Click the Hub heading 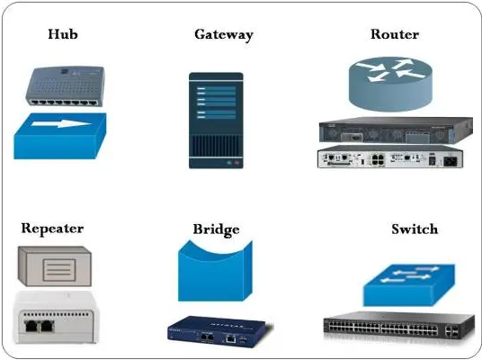click(63, 34)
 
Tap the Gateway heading click(224, 35)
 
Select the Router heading click(395, 34)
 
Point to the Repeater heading click(52, 229)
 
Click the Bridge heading click(216, 229)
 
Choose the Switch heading click(415, 229)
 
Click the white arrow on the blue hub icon click(61, 123)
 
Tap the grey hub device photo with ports click(65, 86)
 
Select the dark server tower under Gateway click(216, 121)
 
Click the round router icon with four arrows click(390, 84)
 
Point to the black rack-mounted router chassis click(396, 130)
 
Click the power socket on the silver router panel click(451, 161)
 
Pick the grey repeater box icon click(55, 266)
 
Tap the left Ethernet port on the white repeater click(31, 326)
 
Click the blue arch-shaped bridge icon click(215, 271)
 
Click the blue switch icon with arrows click(409, 285)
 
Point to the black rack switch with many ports click(399, 326)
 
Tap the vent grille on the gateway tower click(216, 146)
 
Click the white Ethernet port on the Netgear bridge click(230, 339)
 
